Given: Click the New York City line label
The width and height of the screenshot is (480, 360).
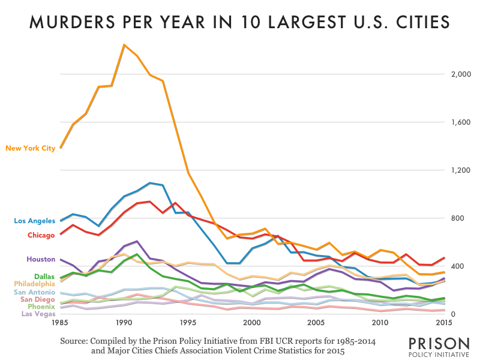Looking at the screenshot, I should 31,148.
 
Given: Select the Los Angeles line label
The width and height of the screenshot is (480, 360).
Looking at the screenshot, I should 35,221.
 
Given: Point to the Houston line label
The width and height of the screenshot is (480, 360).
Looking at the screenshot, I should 41,259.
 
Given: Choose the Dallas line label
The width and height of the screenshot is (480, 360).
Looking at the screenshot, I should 45,277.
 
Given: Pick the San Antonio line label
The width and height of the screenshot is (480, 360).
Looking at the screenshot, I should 35,292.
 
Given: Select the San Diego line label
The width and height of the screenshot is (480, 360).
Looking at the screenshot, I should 38,299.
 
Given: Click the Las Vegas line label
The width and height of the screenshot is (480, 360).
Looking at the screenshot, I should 38,313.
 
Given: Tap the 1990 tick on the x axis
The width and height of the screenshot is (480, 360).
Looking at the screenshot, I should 124,323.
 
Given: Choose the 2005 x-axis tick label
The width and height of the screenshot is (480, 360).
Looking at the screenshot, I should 316,323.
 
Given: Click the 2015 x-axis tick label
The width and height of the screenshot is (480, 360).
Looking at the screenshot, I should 445,323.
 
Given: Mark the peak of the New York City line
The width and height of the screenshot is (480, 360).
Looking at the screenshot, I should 124,45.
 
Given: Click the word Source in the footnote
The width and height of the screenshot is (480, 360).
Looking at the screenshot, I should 75,341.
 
